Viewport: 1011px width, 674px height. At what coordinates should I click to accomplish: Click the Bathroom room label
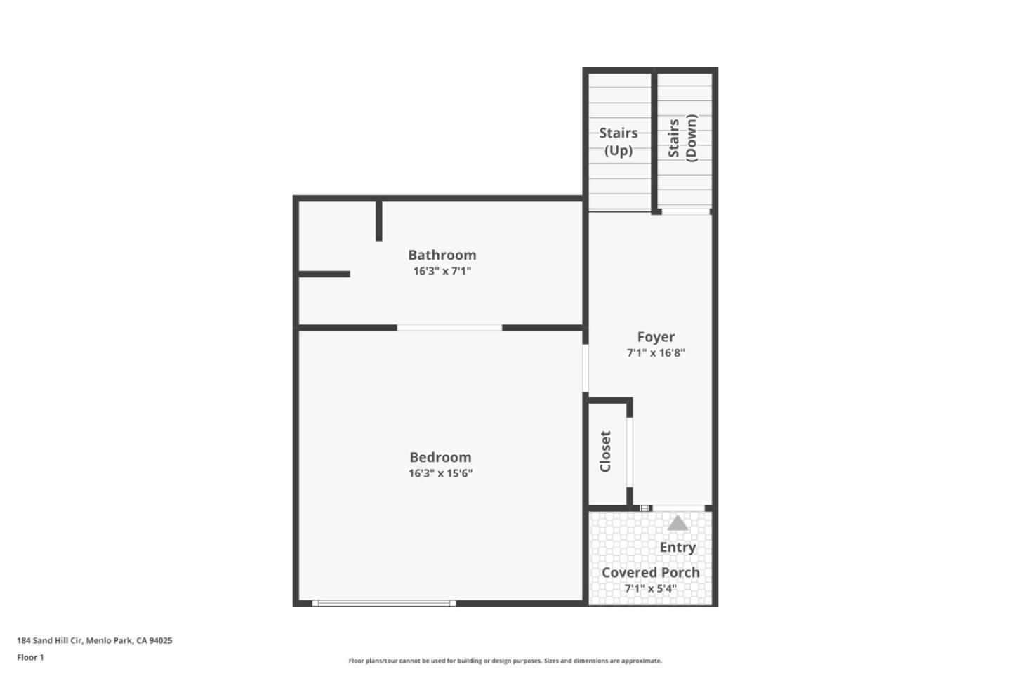[442, 255]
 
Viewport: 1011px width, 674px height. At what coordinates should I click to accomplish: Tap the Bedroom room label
[440, 457]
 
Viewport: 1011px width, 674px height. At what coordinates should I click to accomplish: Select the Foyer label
[656, 337]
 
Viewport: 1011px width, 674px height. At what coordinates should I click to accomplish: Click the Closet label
[605, 451]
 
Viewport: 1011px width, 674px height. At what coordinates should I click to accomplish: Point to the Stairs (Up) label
[619, 141]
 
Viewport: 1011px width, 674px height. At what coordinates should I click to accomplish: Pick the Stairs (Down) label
[682, 138]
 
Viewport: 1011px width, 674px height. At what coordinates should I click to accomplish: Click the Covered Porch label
[650, 572]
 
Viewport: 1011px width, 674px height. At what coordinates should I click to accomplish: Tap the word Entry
[678, 547]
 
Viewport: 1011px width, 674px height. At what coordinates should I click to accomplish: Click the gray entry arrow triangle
[678, 523]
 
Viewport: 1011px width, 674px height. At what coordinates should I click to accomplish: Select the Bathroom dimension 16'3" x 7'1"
[442, 271]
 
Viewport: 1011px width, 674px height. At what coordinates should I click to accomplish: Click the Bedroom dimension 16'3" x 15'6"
[440, 473]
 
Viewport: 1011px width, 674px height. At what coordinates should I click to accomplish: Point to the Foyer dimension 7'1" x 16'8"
[656, 353]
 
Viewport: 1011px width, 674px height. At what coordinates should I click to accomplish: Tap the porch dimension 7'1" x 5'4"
[650, 588]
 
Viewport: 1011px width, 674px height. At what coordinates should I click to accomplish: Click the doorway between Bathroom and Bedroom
[449, 328]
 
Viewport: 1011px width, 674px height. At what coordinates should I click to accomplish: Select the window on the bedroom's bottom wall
[383, 602]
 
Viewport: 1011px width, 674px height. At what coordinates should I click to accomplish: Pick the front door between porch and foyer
[678, 508]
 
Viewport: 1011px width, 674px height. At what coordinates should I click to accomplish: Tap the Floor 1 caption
[30, 657]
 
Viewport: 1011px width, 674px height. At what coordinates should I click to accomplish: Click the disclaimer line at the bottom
[505, 661]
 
